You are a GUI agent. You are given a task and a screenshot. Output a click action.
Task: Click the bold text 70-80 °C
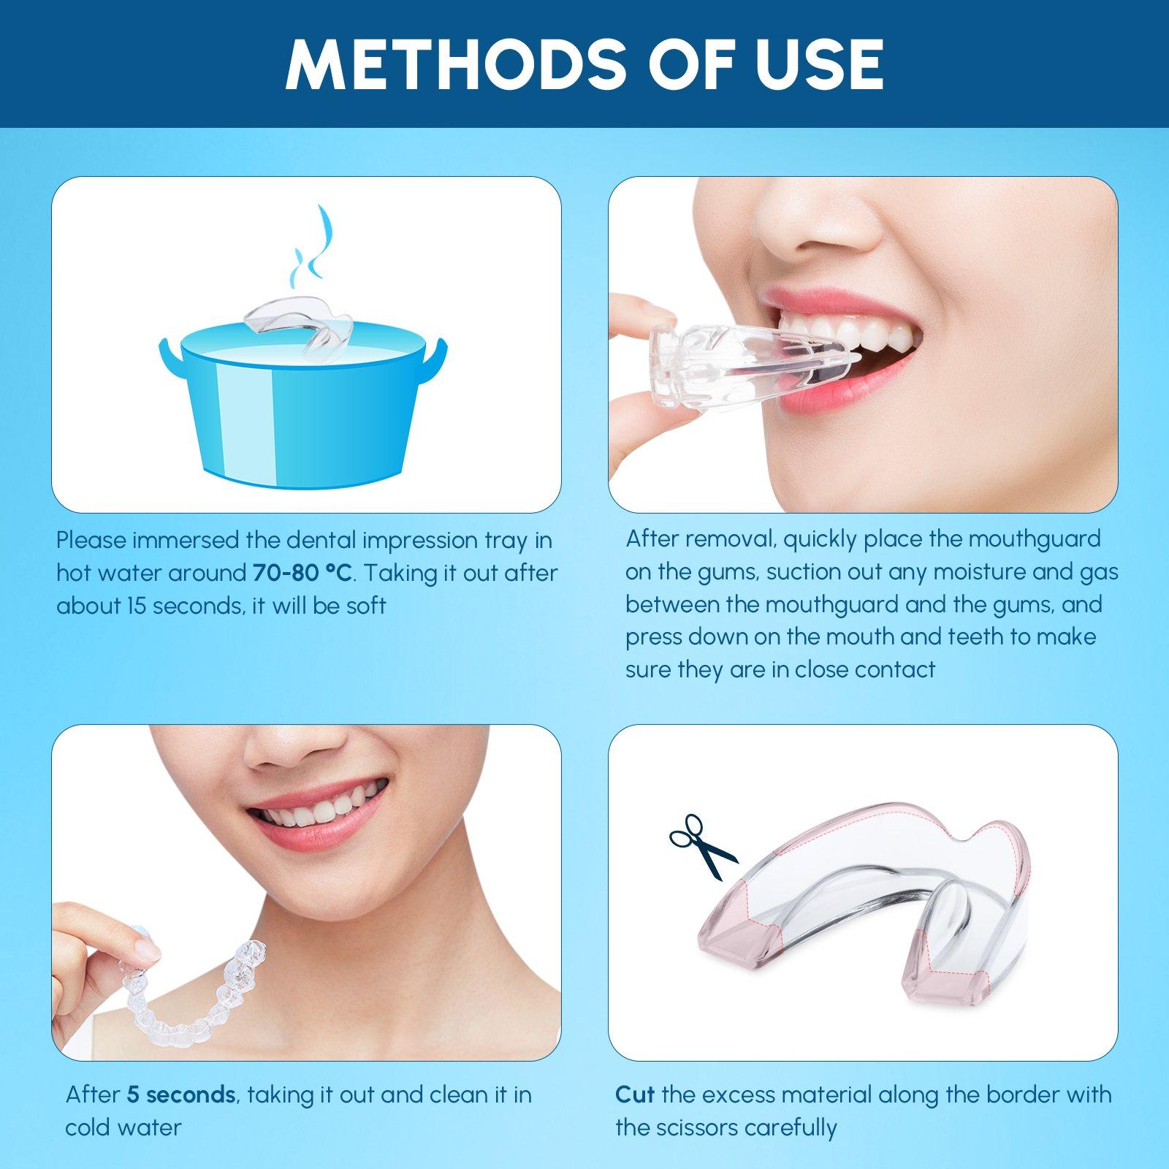point(302,574)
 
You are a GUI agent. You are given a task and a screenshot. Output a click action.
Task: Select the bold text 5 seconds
point(180,1094)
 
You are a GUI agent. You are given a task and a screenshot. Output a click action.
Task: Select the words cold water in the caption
point(123,1127)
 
